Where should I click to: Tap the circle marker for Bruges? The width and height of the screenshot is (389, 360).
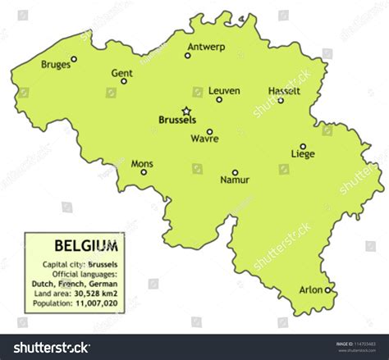click(x=74, y=59)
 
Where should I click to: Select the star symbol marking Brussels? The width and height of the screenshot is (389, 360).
click(x=186, y=111)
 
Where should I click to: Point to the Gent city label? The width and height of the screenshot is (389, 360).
click(x=121, y=72)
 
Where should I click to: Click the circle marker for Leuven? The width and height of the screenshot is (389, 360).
click(x=219, y=100)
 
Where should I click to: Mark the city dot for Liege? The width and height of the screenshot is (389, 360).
click(x=303, y=146)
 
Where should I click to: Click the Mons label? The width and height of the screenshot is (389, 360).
click(x=142, y=163)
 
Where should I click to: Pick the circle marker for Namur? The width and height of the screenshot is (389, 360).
click(x=235, y=172)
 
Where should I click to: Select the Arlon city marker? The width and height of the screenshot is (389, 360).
click(x=327, y=289)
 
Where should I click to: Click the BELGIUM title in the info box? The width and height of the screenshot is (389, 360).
click(x=85, y=244)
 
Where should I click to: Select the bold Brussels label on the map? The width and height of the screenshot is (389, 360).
click(x=176, y=120)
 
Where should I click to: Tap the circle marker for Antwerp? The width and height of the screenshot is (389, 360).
click(x=188, y=56)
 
